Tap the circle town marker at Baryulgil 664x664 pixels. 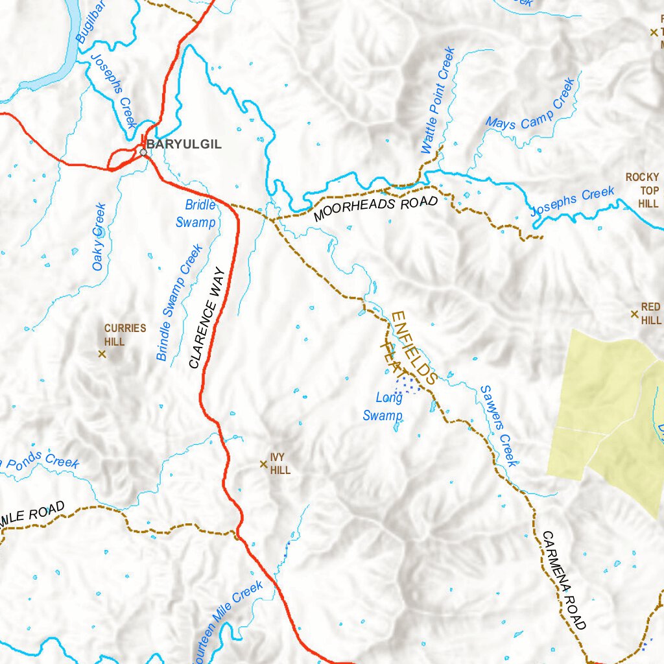pyautogui.click(x=143, y=152)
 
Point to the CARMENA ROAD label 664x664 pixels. pyautogui.click(x=563, y=581)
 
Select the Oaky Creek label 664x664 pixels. pyautogui.click(x=99, y=237)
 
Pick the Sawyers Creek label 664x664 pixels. pyautogui.click(x=499, y=426)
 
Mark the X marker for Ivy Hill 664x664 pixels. pyautogui.click(x=263, y=464)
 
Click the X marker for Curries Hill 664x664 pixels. pyautogui.click(x=102, y=353)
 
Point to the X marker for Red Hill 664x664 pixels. pyautogui.click(x=635, y=314)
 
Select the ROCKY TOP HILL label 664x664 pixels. pyautogui.click(x=642, y=190)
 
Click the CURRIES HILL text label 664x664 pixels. pyautogui.click(x=125, y=334)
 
